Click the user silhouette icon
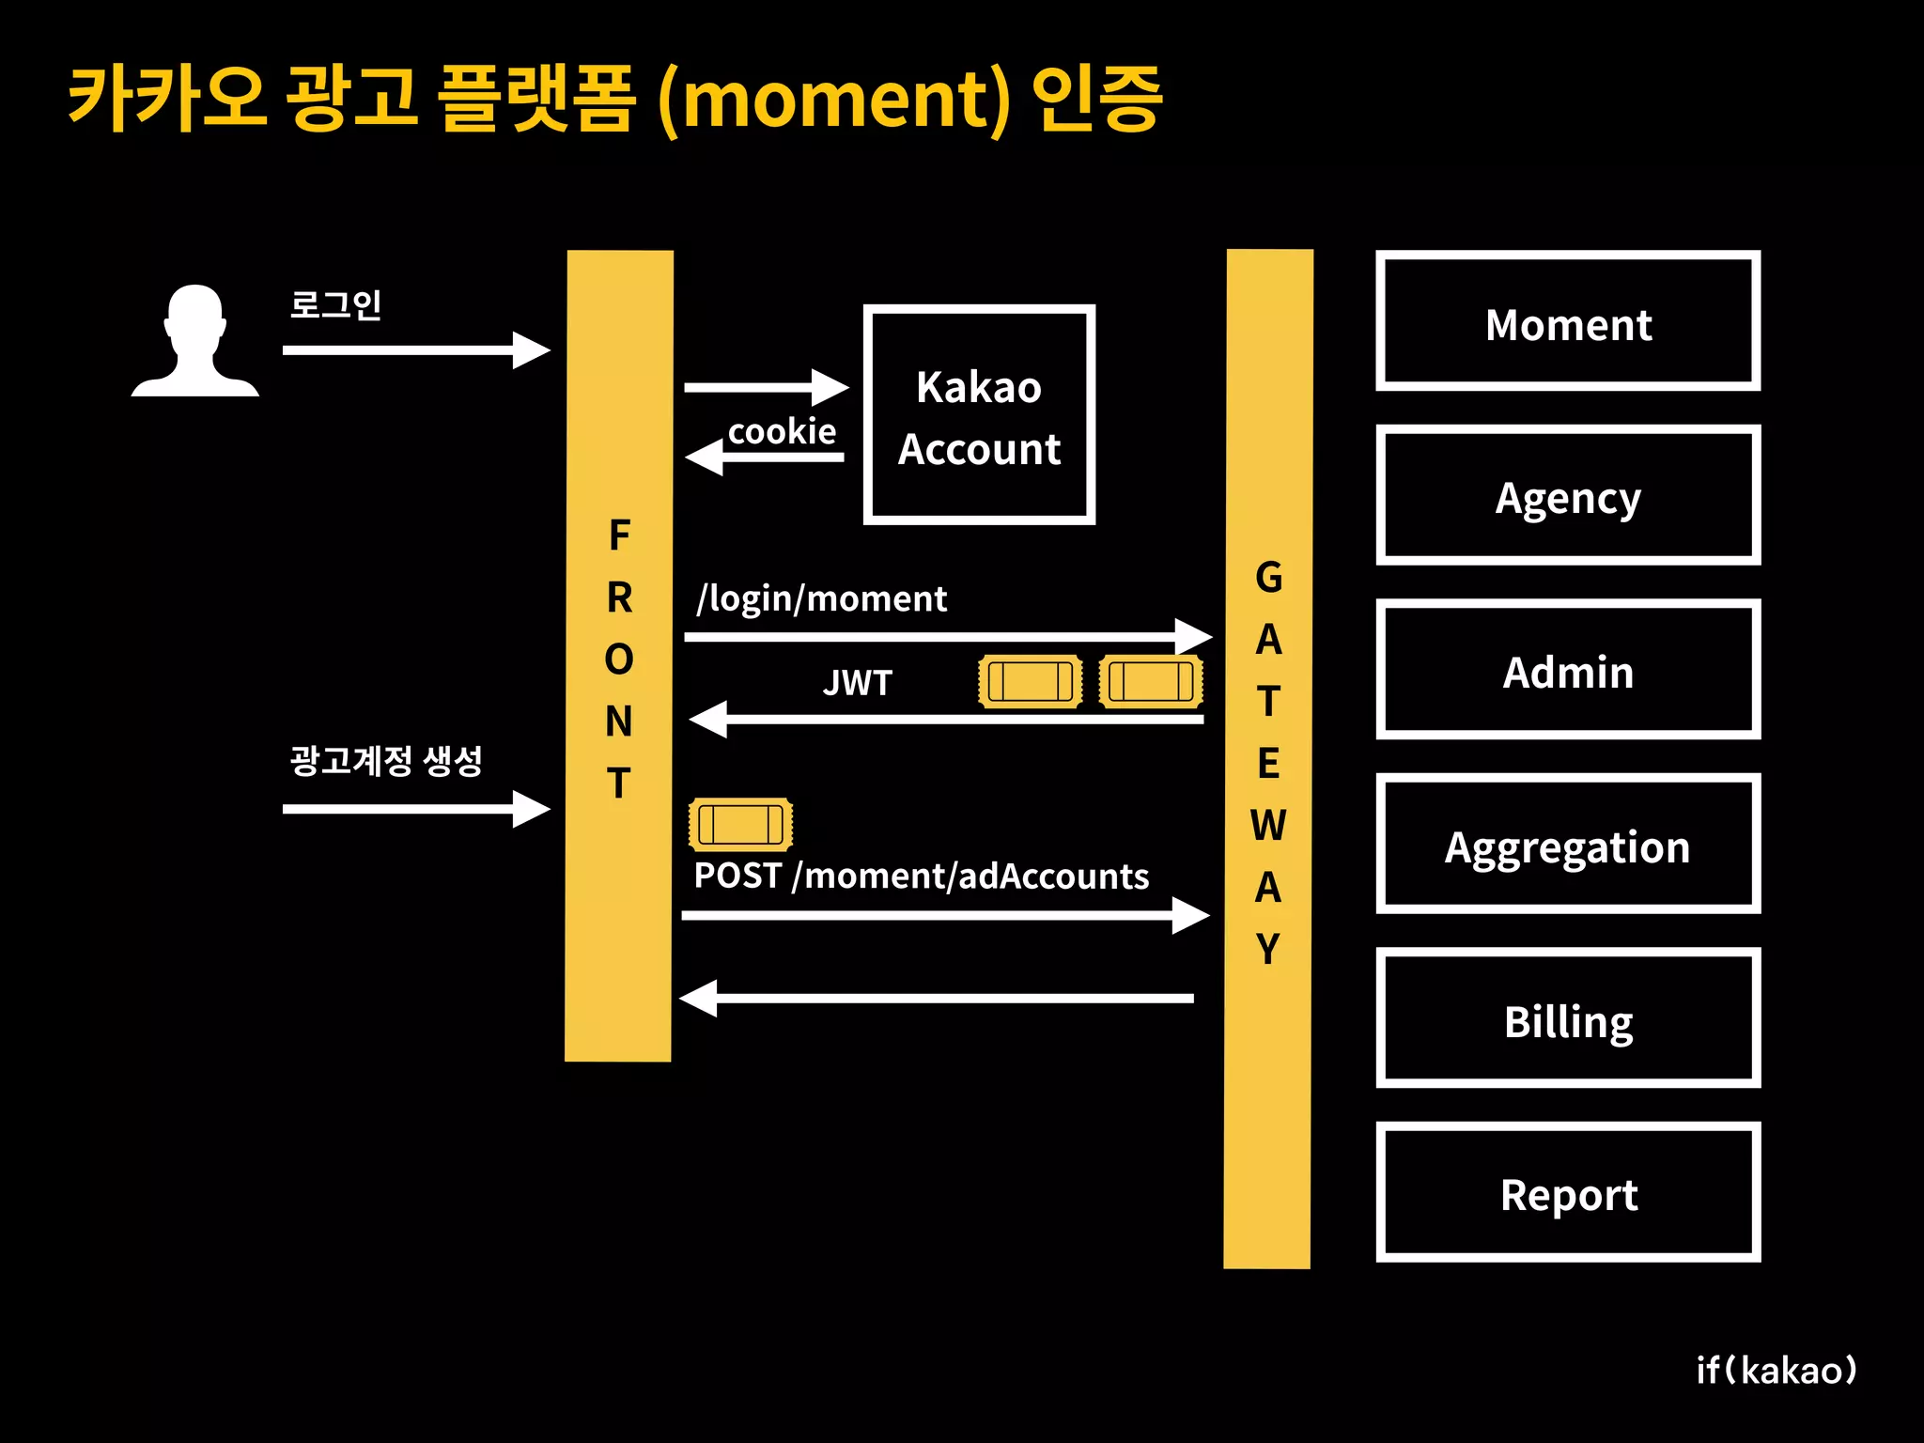coord(195,340)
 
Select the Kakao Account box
coord(979,414)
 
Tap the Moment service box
coord(1567,320)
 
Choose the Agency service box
coord(1567,495)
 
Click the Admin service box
coord(1567,670)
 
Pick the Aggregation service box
coord(1567,844)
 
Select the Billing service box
coord(1567,1018)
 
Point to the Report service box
coord(1567,1192)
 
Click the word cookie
coord(782,431)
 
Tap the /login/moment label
coord(821,598)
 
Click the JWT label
coord(857,683)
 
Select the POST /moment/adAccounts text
coord(921,876)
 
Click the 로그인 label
coord(335,304)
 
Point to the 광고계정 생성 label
coord(386,760)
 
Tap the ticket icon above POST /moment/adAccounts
coord(740,825)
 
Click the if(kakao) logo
coord(1776,1370)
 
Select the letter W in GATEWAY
coord(1267,826)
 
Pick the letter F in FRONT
coord(619,535)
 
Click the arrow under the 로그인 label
coord(415,350)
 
